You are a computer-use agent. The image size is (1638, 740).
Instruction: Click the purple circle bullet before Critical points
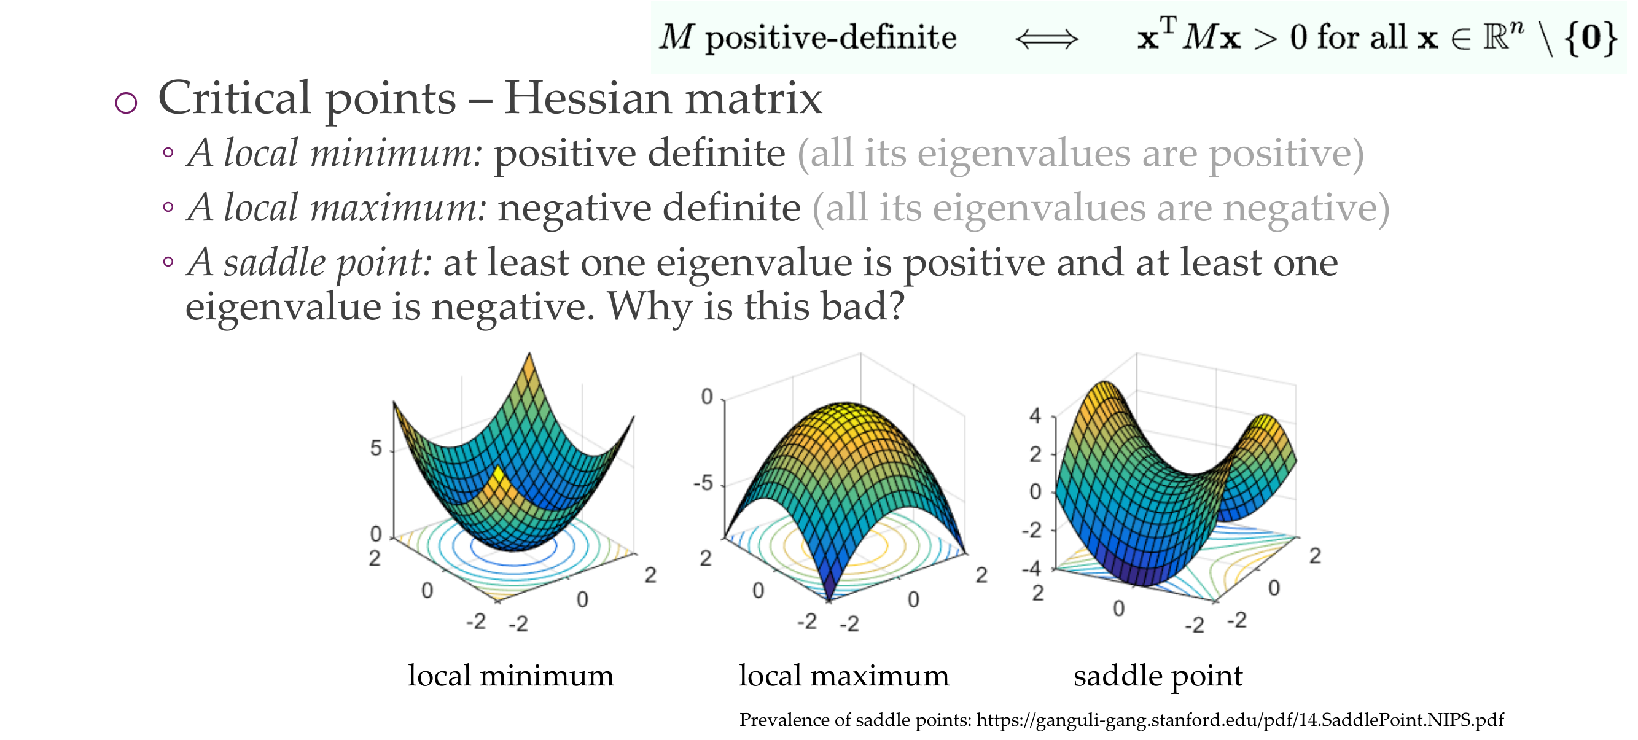coord(126,103)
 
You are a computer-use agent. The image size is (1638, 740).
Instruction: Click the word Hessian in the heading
coord(588,98)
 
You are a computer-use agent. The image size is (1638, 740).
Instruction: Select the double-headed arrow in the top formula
coord(1047,39)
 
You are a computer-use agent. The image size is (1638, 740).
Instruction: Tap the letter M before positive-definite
coord(676,37)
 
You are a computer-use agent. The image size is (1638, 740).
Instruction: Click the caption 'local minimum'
coord(510,675)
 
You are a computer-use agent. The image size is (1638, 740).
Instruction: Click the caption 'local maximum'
coord(844,675)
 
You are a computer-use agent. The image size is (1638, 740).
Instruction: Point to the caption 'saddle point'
coord(1158,676)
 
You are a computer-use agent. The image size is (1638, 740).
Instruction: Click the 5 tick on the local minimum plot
coord(376,449)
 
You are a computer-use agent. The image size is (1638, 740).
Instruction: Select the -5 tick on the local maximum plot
coord(703,484)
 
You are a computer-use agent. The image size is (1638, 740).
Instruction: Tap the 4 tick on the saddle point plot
coord(1035,416)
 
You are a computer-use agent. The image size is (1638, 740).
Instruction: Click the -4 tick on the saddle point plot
coord(1031,568)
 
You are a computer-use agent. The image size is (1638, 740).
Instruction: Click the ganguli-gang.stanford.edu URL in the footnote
coord(1240,720)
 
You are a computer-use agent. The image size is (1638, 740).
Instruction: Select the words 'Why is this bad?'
coord(755,308)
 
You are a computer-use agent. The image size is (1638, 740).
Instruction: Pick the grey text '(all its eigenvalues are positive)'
coord(1080,155)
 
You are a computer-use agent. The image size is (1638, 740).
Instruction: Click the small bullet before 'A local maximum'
coord(168,207)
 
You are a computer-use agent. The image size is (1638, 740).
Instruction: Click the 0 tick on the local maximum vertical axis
coord(706,397)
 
